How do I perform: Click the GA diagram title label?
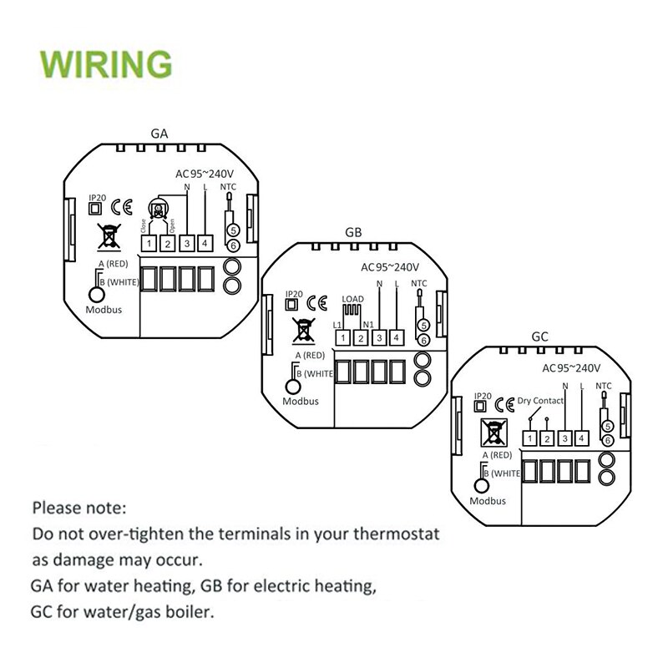(x=159, y=133)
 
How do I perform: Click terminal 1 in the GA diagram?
(x=148, y=243)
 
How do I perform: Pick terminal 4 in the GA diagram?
(x=205, y=243)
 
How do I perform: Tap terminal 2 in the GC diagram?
(x=547, y=438)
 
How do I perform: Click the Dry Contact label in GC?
(x=541, y=401)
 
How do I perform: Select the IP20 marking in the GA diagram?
(x=98, y=199)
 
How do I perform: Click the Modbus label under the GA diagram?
(x=104, y=308)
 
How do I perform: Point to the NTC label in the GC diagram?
(x=603, y=387)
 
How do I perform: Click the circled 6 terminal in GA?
(x=234, y=245)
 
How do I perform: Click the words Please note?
(x=80, y=507)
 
